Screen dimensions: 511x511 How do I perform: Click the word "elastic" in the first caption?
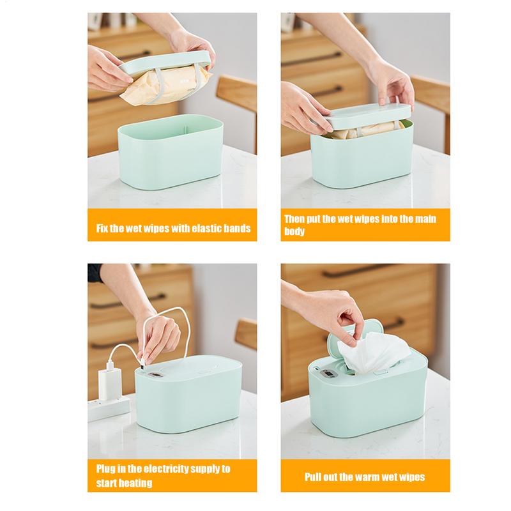(194, 229)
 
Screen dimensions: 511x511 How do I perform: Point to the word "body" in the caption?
(294, 232)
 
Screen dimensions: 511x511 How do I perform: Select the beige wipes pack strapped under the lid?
(157, 89)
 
